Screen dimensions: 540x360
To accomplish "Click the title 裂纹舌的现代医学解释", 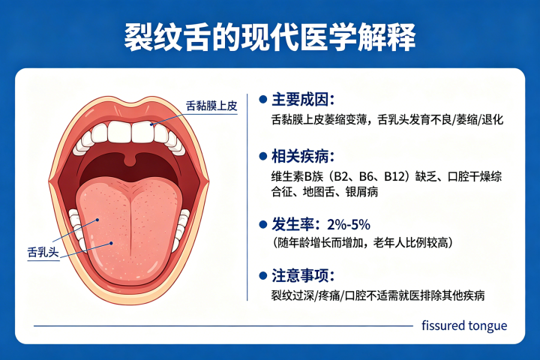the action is (270, 37).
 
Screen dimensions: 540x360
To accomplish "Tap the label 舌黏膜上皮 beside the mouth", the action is (211, 106).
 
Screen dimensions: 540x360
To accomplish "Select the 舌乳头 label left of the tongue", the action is (43, 252).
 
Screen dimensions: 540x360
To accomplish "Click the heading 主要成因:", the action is (303, 100).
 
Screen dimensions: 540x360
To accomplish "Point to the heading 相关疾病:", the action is (303, 157).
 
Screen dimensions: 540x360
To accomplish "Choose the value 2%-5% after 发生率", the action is (349, 224).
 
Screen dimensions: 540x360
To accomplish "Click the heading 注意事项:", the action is (303, 275).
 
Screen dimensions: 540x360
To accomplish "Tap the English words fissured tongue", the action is (464, 325).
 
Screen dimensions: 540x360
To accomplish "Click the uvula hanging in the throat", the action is (130, 159).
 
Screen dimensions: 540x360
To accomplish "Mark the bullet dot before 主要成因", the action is (262, 100).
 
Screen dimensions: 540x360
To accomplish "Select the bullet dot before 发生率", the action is (262, 225).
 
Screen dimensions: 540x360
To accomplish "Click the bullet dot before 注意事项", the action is (262, 276).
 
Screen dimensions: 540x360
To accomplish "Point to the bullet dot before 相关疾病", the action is (262, 157).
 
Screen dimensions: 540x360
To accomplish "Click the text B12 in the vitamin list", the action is (394, 177).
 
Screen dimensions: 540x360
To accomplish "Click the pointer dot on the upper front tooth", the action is (151, 124).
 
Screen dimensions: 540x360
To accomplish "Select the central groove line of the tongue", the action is (130, 223).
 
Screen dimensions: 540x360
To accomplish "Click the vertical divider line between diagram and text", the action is (247, 197).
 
